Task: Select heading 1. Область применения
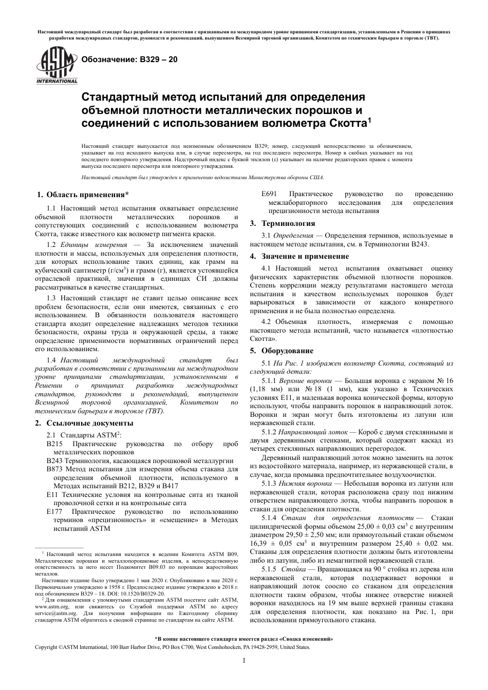pyautogui.click(x=83, y=195)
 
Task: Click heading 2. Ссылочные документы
pyautogui.click(x=84, y=423)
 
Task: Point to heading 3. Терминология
pyautogui.click(x=283, y=223)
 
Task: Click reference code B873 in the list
pyautogui.click(x=54, y=469)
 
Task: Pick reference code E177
pyautogui.click(x=54, y=512)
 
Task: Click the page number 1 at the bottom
pyautogui.click(x=244, y=661)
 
